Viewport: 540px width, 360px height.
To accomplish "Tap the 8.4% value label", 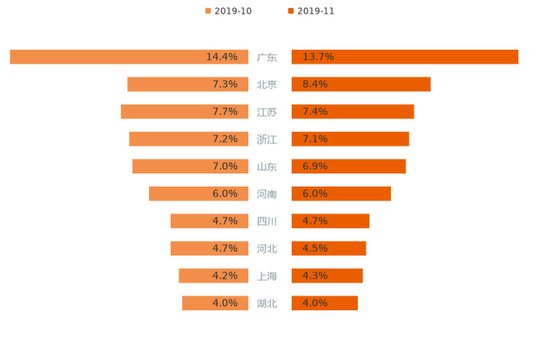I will pos(315,85).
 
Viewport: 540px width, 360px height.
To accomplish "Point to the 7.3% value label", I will pos(225,85).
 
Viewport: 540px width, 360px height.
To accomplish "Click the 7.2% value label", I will pos(225,139).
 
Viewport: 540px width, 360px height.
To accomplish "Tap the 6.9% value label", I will pos(315,166).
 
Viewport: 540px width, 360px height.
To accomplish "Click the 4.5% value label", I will pos(315,248).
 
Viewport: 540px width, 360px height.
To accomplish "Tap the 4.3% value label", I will pos(315,275).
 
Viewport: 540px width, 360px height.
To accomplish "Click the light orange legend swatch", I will pos(207,11).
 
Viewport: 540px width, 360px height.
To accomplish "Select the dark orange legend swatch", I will pos(290,11).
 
